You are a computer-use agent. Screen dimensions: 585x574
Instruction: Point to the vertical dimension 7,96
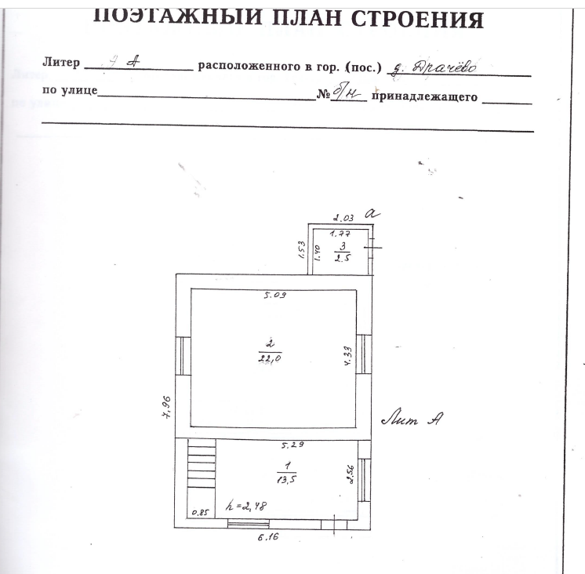tap(166, 408)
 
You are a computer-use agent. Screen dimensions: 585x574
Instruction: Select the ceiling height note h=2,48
tap(245, 506)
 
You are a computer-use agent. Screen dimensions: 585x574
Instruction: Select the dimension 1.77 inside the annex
tap(339, 233)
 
